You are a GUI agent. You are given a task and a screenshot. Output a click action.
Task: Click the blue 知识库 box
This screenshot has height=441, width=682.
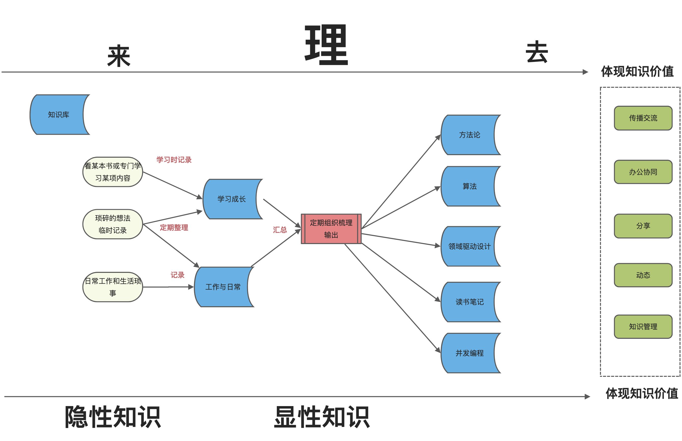[59, 115]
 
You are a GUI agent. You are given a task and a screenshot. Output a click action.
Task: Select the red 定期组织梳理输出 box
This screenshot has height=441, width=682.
[331, 229]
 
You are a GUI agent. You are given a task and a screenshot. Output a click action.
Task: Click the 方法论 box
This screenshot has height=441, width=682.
[469, 135]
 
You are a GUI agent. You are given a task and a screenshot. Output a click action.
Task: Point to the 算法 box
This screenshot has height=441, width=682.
[469, 186]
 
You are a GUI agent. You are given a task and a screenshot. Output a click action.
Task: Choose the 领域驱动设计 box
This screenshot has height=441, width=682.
[469, 246]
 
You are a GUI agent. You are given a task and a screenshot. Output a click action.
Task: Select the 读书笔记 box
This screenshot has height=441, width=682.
[469, 302]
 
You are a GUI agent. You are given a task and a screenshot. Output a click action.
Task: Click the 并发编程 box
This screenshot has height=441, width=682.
[469, 353]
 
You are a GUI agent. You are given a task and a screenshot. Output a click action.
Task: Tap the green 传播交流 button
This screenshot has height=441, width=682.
[643, 118]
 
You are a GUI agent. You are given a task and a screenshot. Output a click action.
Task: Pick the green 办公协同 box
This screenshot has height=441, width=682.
[643, 172]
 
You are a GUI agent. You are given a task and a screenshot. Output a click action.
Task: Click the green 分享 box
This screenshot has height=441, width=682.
[643, 226]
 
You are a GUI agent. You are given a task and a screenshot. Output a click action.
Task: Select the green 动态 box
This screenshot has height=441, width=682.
[643, 275]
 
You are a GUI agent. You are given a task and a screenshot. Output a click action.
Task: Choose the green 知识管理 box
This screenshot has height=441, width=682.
[643, 327]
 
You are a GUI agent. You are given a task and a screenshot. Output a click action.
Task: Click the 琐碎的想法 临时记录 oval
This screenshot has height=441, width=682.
[113, 224]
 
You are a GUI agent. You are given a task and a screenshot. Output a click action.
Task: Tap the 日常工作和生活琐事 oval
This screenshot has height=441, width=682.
[113, 287]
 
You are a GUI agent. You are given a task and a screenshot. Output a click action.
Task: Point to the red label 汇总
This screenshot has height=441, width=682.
[280, 230]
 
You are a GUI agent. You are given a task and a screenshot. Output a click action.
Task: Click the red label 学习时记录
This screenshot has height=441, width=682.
[174, 160]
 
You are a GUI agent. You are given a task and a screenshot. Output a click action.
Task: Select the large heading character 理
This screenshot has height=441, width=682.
[326, 45]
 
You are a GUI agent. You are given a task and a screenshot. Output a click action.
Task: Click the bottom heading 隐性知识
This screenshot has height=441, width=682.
[113, 417]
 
